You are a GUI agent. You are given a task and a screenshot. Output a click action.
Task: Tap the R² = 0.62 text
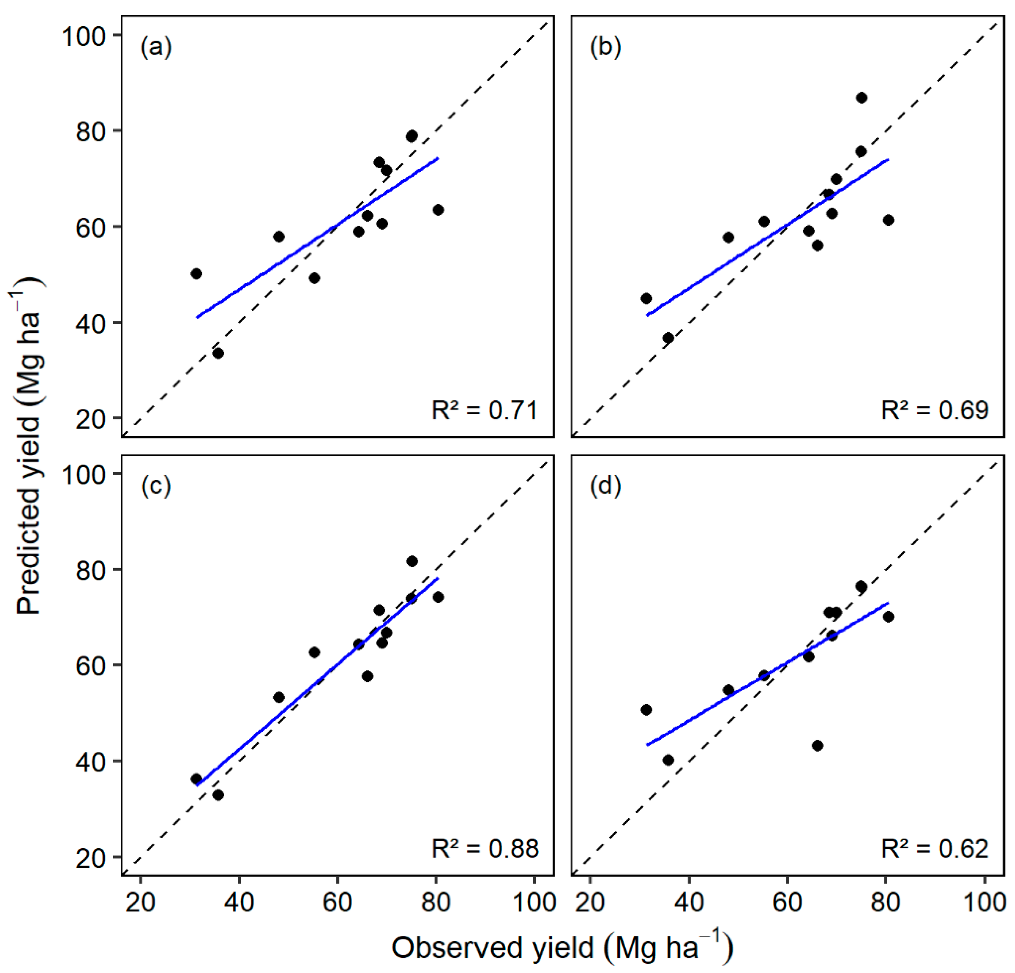click(935, 849)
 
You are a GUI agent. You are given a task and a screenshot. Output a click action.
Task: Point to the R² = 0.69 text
click(935, 410)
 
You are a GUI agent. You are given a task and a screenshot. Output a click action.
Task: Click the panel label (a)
click(156, 48)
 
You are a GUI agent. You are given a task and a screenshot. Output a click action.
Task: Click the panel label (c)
click(156, 486)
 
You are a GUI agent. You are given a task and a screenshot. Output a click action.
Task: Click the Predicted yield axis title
click(28, 446)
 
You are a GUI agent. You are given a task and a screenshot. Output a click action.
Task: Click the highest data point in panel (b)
click(861, 98)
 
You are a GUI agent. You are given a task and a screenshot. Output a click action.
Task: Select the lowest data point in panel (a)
click(218, 353)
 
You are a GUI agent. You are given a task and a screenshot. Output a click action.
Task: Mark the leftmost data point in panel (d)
click(646, 710)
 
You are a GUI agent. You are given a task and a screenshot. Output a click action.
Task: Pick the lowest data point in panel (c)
click(218, 795)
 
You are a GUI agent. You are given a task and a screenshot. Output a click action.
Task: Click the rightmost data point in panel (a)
click(438, 210)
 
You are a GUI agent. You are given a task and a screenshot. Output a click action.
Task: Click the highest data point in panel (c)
click(412, 561)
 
